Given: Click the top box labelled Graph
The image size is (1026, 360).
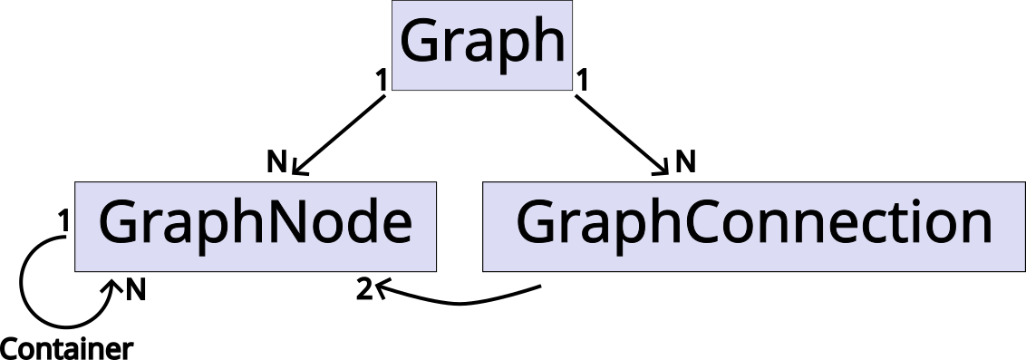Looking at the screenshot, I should [x=482, y=45].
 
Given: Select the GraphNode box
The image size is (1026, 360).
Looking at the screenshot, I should [x=256, y=226].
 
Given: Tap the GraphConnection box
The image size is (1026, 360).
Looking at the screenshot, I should [x=753, y=226].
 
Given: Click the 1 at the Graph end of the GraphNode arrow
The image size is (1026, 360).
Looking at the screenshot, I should [x=382, y=80].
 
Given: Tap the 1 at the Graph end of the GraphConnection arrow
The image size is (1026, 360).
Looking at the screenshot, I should [x=583, y=80].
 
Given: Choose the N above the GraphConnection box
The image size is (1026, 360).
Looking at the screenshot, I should [x=685, y=162].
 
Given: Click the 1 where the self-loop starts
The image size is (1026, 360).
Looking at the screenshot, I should [x=63, y=219].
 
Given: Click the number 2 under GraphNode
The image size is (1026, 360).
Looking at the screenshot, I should [x=363, y=290].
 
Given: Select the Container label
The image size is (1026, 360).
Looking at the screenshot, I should [x=67, y=348].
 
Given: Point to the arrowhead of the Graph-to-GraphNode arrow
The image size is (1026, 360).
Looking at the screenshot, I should [x=298, y=170].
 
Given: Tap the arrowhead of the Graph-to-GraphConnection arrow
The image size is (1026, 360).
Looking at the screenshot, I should [x=664, y=170].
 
